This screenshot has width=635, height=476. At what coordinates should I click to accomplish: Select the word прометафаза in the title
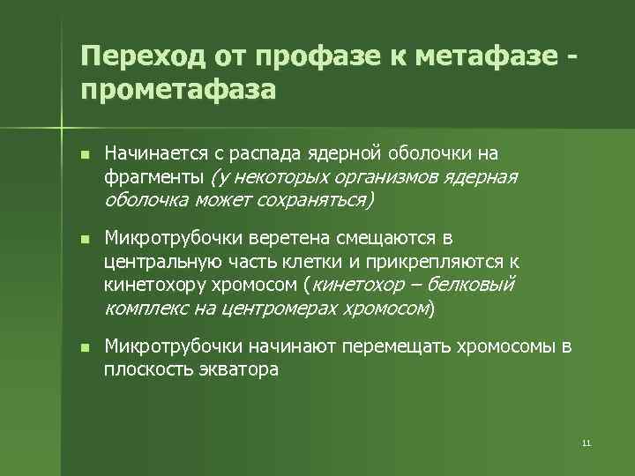coord(177,90)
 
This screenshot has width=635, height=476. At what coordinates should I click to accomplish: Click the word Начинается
coord(157,155)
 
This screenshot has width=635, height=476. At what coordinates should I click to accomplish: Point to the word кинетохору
coord(156,285)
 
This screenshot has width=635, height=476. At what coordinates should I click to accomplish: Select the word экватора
coord(237,370)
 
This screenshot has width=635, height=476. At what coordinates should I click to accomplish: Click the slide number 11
coord(586,443)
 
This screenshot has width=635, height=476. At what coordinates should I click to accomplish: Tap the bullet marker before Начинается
coord(84,156)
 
